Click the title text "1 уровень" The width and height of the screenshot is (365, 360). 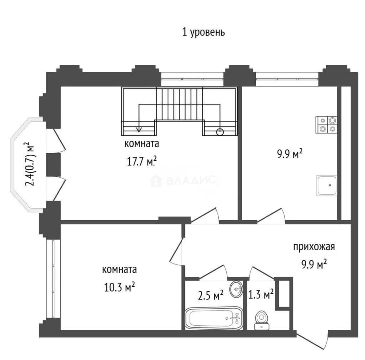(x=203, y=32)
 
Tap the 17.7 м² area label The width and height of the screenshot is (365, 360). (x=141, y=161)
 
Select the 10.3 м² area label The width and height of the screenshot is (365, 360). (x=119, y=287)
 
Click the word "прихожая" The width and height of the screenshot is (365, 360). (x=314, y=247)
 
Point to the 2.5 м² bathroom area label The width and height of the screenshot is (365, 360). (x=211, y=295)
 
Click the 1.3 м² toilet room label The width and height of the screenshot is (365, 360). (x=261, y=295)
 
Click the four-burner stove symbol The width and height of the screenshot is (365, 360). (x=326, y=125)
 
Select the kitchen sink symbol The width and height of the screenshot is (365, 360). (x=327, y=185)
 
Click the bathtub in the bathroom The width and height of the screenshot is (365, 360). (x=214, y=318)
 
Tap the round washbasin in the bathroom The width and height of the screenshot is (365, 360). (x=236, y=289)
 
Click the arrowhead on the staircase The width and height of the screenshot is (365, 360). (x=139, y=129)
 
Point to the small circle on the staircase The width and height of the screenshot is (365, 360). (x=220, y=132)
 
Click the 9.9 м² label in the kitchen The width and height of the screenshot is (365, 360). (x=290, y=154)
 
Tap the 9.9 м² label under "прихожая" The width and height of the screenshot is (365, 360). (x=314, y=264)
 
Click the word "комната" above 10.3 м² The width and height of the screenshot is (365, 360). (x=119, y=270)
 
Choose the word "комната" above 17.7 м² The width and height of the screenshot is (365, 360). (x=142, y=144)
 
